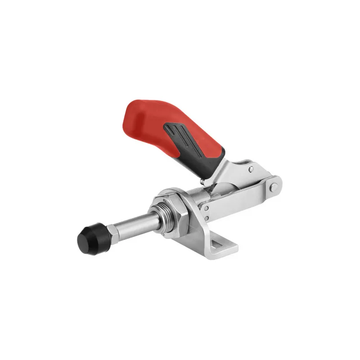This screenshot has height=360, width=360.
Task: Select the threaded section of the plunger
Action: (x=167, y=215)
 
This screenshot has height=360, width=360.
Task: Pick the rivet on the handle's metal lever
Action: (x=251, y=169)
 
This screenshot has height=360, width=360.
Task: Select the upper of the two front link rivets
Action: (x=205, y=208)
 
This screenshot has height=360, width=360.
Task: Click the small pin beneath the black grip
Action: (x=203, y=182)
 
